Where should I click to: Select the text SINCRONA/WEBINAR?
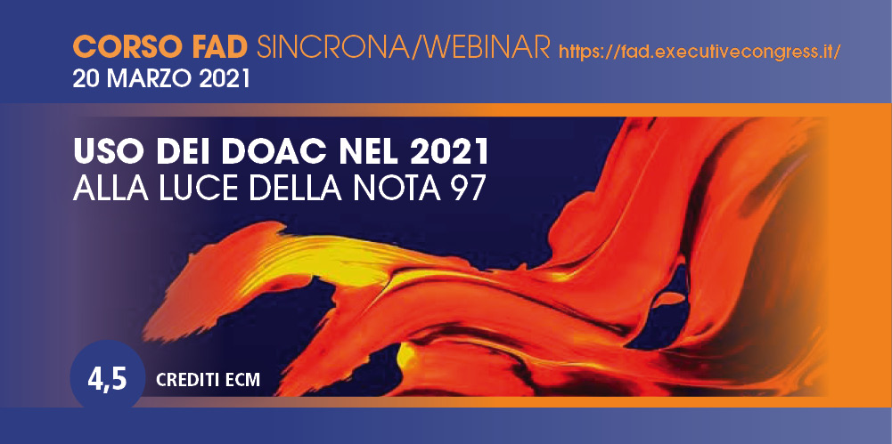tap(404, 47)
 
